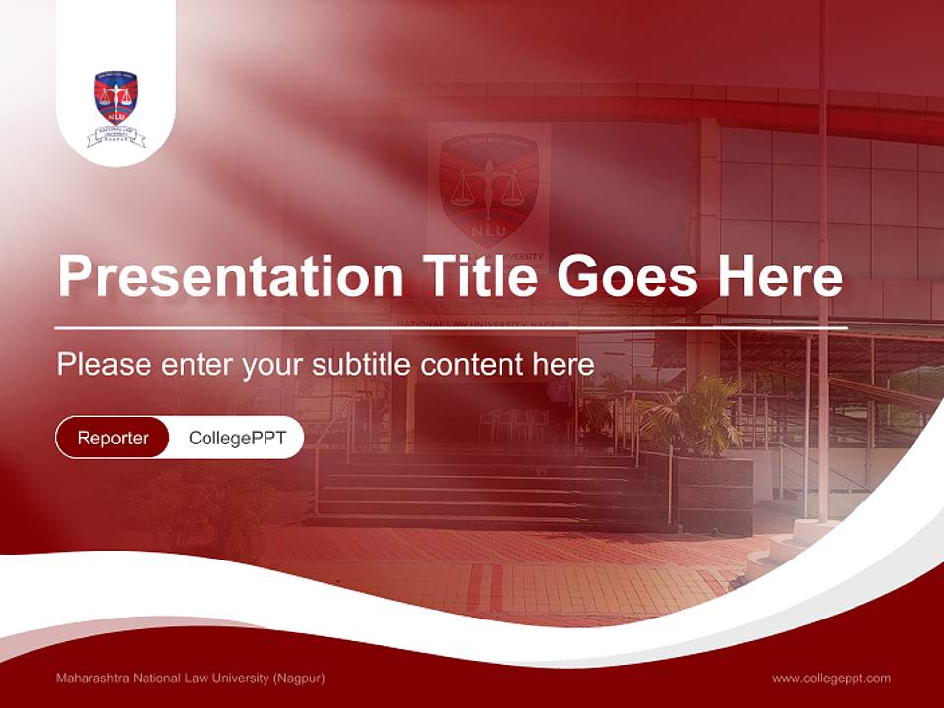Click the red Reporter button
(x=113, y=438)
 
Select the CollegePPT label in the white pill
(x=235, y=438)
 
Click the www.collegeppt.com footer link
(x=831, y=678)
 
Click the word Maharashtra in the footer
(x=96, y=678)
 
